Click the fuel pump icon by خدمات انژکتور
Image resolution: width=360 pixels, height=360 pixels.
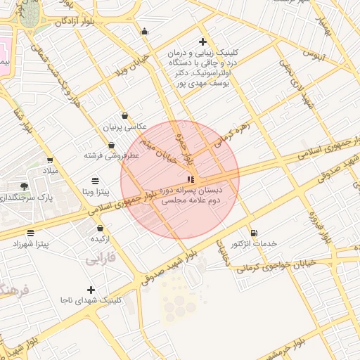254,233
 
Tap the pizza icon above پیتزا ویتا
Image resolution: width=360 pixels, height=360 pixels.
95,181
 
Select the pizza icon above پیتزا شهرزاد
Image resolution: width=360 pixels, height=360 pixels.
30,233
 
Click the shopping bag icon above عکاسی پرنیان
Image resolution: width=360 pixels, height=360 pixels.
125,116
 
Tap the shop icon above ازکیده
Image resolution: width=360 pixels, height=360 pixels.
101,229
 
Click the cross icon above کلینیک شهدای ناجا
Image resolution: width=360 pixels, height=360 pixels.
91,290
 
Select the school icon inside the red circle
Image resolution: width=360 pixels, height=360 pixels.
191,179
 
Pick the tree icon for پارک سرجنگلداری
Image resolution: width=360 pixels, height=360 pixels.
25,186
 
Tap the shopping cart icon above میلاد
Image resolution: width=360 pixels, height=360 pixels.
49,160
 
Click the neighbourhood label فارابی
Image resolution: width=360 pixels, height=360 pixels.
101,259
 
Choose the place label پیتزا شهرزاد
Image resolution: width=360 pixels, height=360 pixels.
30,243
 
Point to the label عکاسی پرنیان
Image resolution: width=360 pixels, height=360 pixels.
125,127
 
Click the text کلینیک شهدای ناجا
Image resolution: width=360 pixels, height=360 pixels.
91,300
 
